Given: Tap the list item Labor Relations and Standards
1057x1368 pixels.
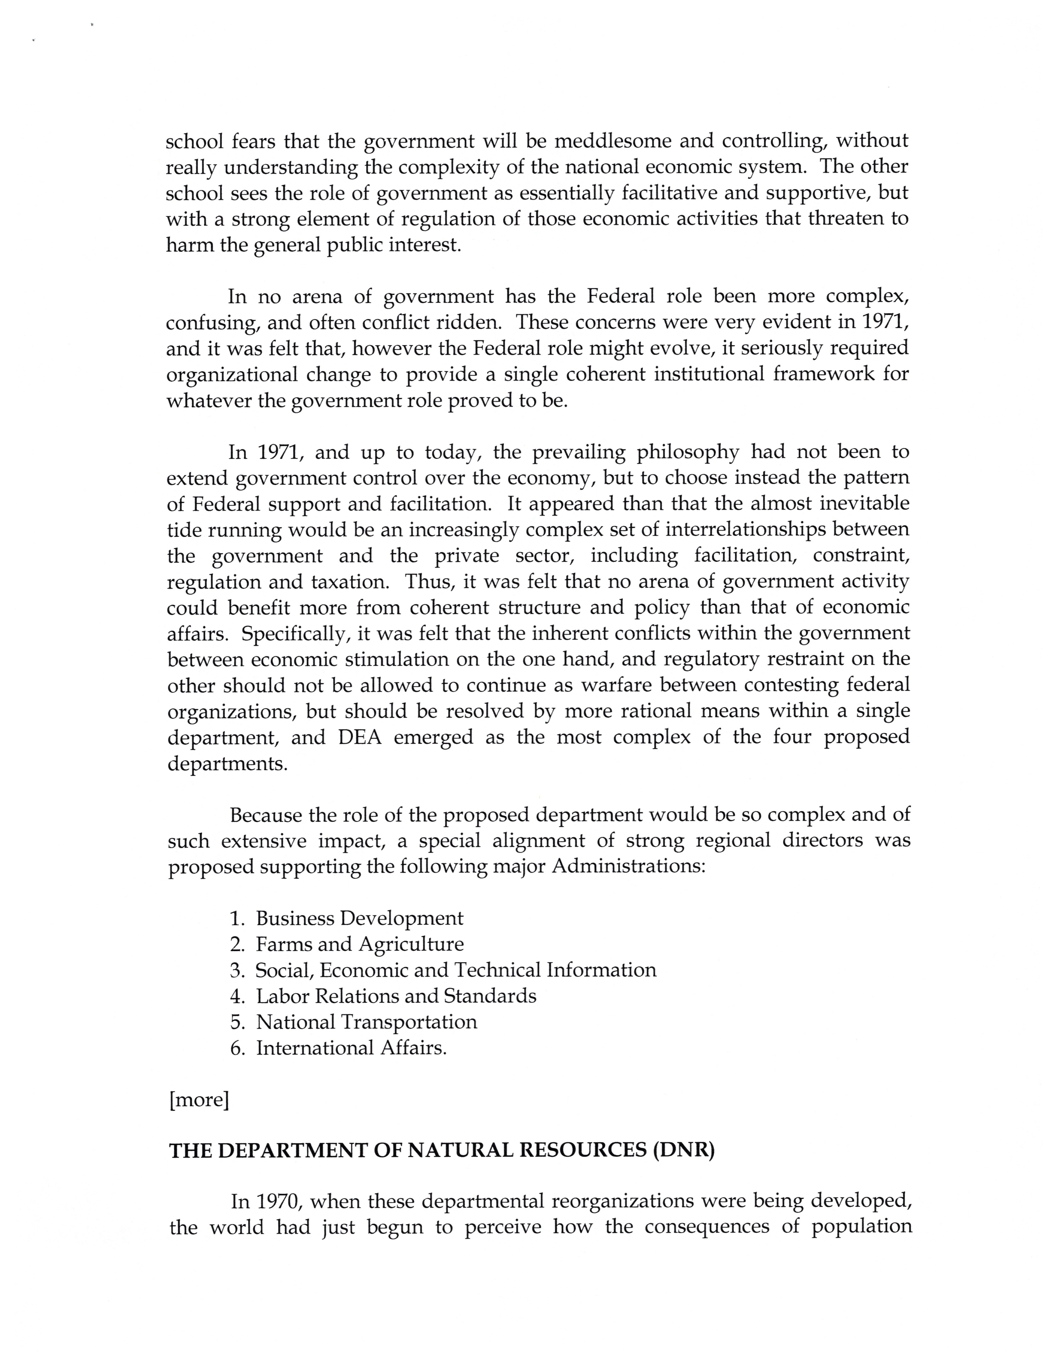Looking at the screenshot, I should [396, 996].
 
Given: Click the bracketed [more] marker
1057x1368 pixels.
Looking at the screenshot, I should [199, 1100].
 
